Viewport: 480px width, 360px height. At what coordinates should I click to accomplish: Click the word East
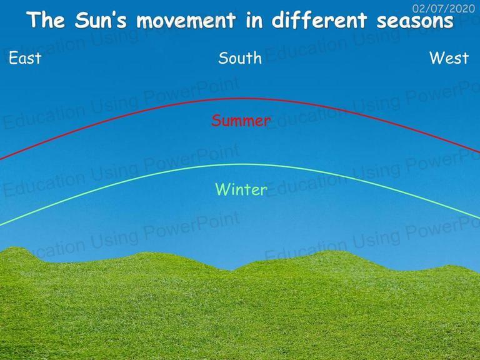(25, 58)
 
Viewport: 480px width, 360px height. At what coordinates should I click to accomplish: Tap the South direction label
(240, 58)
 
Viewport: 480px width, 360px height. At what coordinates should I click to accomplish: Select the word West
(449, 58)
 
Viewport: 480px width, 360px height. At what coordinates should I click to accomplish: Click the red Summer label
(241, 121)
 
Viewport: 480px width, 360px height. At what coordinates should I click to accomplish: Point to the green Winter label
(241, 189)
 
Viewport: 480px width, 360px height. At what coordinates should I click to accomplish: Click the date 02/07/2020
(444, 9)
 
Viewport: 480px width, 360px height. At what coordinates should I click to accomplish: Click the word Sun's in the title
(101, 20)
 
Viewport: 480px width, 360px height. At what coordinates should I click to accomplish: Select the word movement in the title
(186, 20)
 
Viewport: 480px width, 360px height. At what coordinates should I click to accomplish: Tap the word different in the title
(319, 20)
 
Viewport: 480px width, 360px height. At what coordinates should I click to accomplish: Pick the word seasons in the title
(415, 21)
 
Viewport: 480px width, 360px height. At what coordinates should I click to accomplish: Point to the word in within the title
(254, 20)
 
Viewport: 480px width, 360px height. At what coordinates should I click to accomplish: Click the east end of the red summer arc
(1, 159)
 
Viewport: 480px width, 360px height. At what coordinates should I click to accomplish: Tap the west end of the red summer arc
(479, 152)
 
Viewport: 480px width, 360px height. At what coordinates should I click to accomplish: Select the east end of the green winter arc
(1, 226)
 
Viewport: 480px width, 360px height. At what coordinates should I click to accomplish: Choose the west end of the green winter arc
(479, 218)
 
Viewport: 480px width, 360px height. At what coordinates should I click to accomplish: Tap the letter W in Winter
(222, 189)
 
